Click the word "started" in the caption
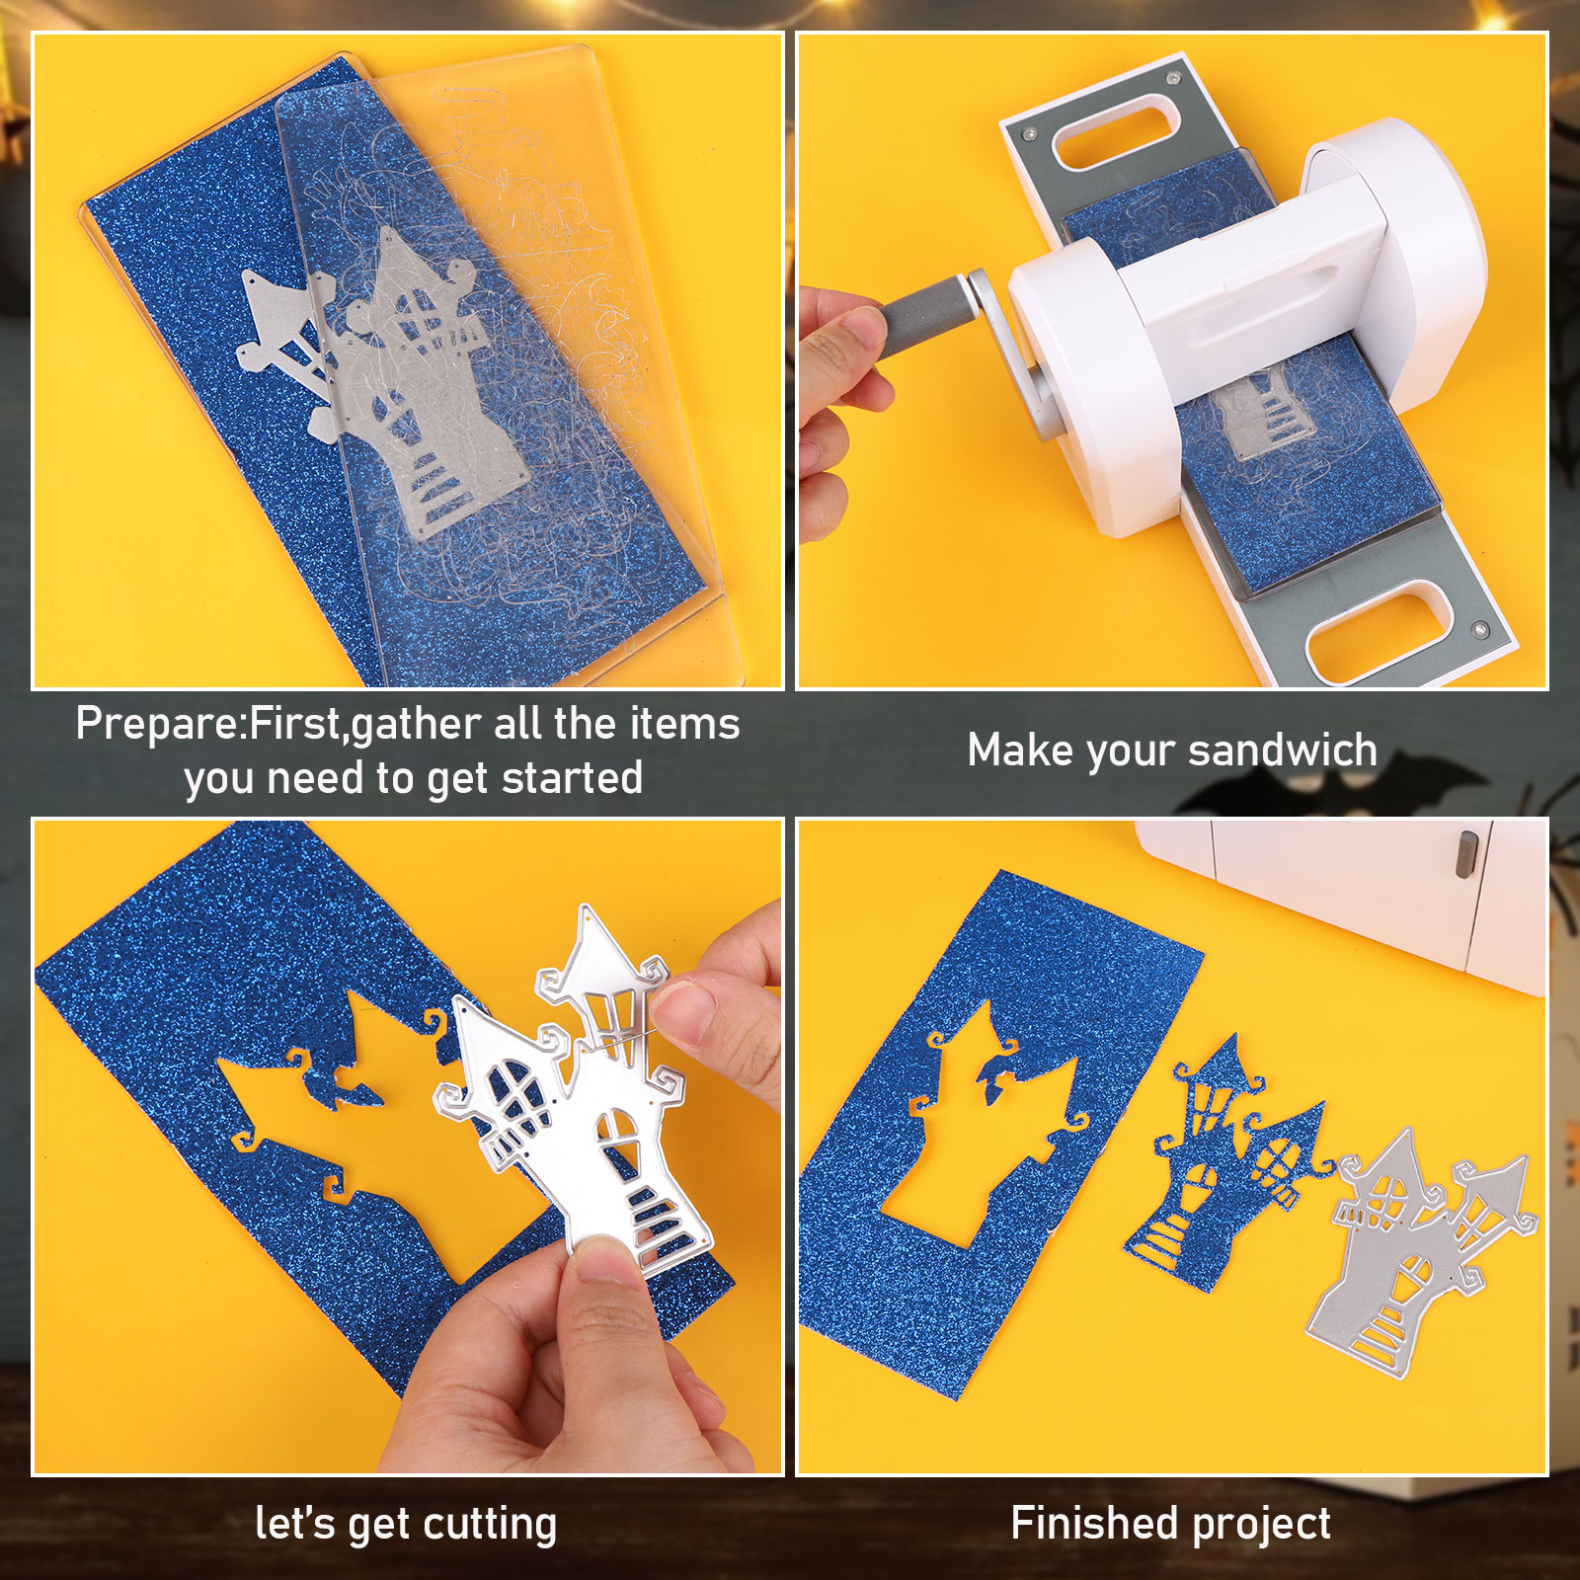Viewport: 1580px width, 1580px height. point(572,778)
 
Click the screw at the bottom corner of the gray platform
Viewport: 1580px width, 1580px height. point(1480,628)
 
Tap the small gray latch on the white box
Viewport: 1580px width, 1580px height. point(1467,854)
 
